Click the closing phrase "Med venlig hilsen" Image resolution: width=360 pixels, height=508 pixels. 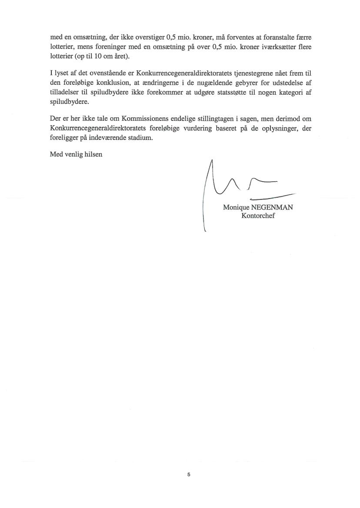[x=76, y=154]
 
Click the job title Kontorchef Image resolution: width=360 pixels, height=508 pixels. [x=258, y=216]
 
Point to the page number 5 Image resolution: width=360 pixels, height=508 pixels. [x=188, y=475]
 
